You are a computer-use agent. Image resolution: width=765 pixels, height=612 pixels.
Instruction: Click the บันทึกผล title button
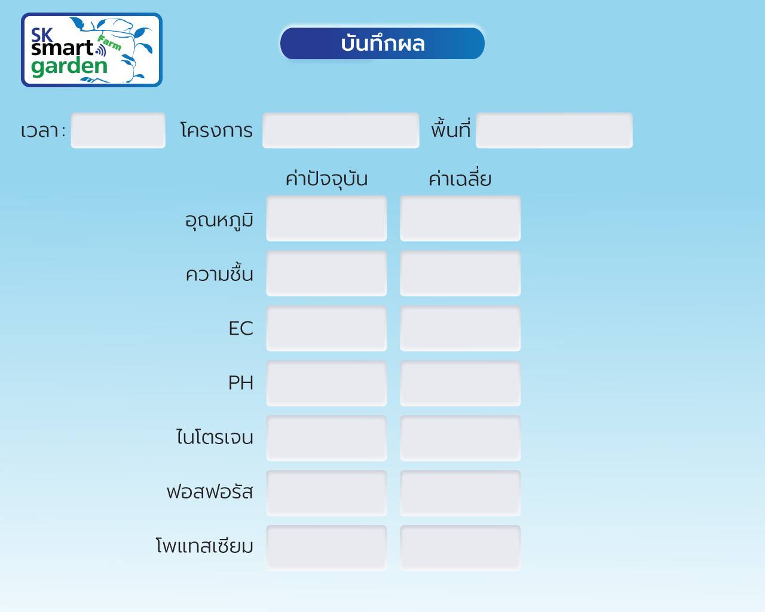[x=382, y=44]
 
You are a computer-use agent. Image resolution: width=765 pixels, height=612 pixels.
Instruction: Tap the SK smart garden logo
[x=91, y=50]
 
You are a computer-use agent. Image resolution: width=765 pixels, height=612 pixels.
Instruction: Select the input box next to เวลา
[x=118, y=130]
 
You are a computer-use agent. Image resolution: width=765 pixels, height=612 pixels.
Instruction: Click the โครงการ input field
[x=341, y=130]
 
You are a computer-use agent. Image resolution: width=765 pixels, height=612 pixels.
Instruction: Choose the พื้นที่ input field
[x=554, y=130]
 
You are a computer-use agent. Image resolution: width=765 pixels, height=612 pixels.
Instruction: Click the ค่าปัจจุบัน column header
[x=327, y=179]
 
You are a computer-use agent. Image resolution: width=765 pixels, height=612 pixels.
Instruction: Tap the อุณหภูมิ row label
[x=219, y=221]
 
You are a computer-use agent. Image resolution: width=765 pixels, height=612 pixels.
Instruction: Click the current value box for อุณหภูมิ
[x=326, y=218]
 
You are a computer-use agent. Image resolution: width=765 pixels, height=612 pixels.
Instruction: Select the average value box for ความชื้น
[x=460, y=274]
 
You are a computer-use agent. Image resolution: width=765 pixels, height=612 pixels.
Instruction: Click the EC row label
[x=241, y=328]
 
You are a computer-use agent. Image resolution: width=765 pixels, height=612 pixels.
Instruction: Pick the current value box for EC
[x=326, y=329]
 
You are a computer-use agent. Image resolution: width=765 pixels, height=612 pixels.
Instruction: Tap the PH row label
[x=241, y=383]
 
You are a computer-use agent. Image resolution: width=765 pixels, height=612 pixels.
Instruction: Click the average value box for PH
[x=460, y=383]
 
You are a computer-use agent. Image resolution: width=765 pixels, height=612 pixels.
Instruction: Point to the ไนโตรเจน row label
[x=215, y=437]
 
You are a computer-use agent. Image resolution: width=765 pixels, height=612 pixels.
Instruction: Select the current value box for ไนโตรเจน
[x=326, y=439]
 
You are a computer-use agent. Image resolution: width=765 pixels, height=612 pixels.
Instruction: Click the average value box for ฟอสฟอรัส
[x=460, y=493]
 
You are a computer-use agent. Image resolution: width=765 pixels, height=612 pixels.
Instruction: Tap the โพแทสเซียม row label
[x=204, y=546]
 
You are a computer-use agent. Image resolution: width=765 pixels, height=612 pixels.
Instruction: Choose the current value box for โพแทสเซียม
[x=326, y=548]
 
